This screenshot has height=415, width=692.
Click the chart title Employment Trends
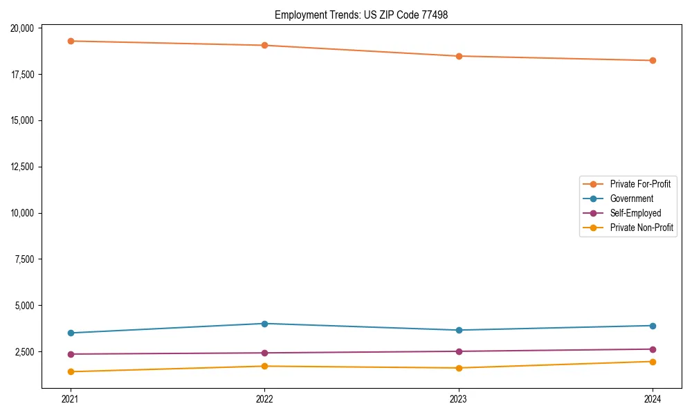click(361, 15)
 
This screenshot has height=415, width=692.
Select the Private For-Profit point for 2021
click(70, 41)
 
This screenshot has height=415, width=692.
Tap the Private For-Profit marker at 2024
click(653, 60)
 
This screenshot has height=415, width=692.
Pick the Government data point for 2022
click(264, 324)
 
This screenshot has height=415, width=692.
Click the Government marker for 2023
click(459, 330)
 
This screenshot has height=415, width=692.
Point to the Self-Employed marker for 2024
click(653, 349)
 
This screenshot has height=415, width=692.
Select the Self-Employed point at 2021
click(70, 354)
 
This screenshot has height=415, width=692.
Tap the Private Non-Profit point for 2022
click(264, 366)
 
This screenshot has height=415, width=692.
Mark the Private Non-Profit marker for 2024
click(653, 362)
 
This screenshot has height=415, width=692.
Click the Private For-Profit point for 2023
click(459, 56)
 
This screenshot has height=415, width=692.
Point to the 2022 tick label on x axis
click(264, 399)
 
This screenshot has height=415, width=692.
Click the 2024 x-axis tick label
click(653, 399)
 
